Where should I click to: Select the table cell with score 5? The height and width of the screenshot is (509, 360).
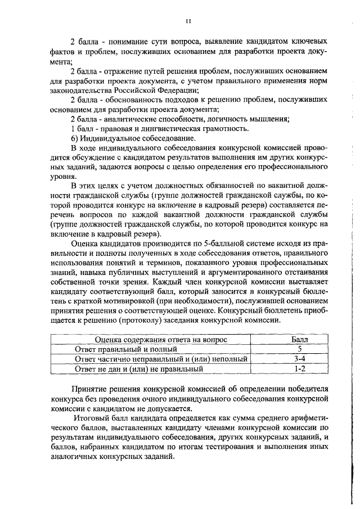click(300, 349)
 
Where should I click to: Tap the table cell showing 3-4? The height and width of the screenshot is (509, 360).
click(300, 359)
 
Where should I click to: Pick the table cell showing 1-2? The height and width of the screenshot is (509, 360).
click(300, 368)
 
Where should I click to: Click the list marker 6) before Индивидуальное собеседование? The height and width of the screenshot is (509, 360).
click(75, 138)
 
